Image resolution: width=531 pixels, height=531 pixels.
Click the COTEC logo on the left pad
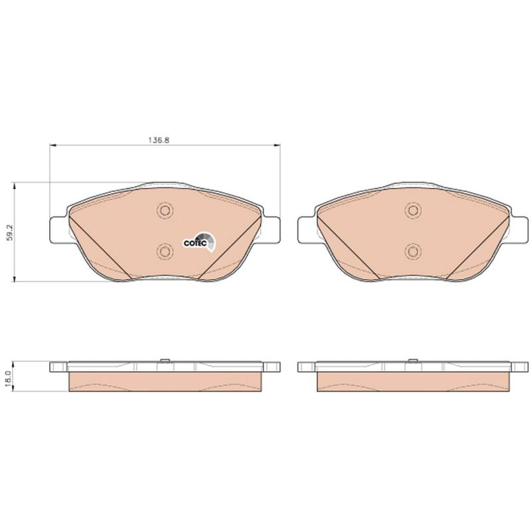coord(198,242)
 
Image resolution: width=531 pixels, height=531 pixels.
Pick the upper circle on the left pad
coord(165,210)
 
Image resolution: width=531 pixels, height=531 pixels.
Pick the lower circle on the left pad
coord(165,252)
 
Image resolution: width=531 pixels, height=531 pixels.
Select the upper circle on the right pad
coord(413,210)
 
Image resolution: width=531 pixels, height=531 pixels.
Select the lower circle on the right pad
coord(413,252)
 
